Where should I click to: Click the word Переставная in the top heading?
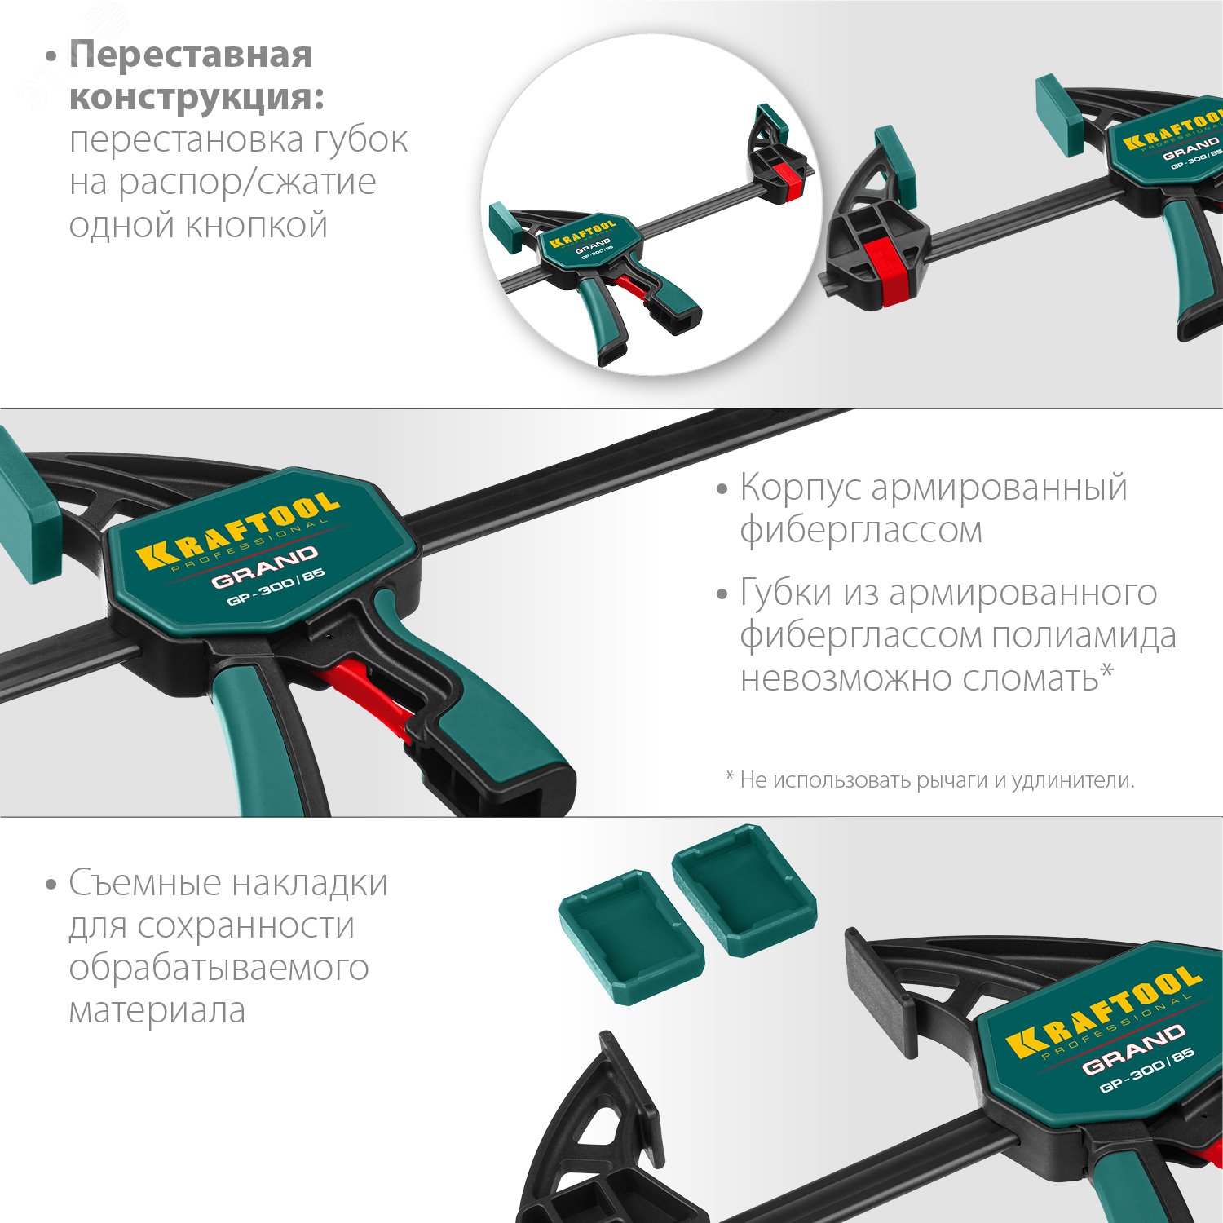[x=191, y=55]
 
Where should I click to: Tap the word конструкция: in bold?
[x=196, y=98]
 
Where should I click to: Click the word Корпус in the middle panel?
[x=800, y=488]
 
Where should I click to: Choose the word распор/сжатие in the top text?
[x=246, y=183]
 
